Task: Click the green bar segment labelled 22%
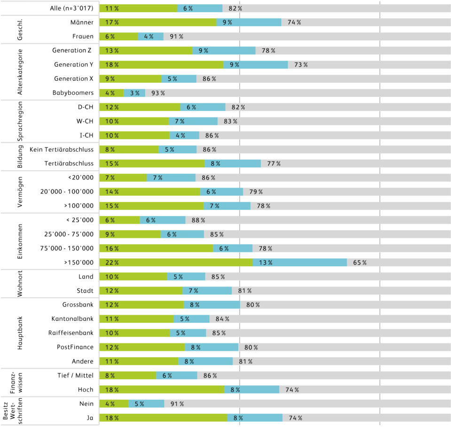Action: [176, 263]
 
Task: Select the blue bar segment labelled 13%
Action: [300, 263]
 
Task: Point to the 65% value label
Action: [360, 263]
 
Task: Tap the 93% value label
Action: [158, 93]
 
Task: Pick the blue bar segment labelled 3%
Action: [135, 93]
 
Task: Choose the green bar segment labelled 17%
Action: [158, 22]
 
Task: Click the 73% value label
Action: [301, 65]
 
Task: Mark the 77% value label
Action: [274, 163]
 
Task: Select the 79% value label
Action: [256, 192]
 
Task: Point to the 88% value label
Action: [199, 220]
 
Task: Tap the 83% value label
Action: [231, 121]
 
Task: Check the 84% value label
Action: [223, 319]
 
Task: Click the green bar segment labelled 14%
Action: [150, 192]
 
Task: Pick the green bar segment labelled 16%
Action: [156, 248]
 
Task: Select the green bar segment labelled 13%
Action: [146, 51]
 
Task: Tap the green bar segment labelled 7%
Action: [123, 178]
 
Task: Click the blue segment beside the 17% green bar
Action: [249, 22]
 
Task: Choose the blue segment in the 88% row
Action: [163, 220]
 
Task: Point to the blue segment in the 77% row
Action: [233, 163]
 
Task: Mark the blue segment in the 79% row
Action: [221, 192]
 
